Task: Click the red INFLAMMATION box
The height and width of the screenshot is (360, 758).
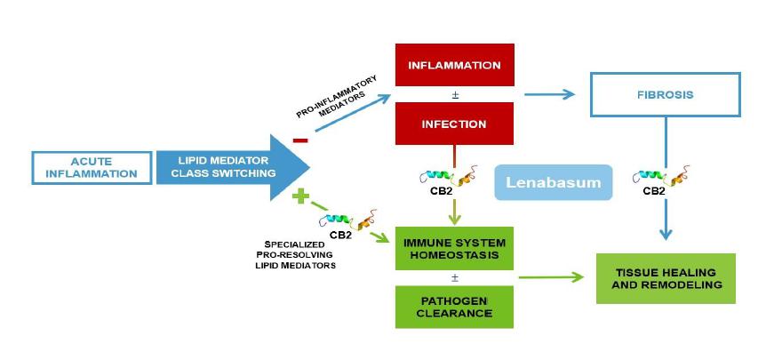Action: [454, 67]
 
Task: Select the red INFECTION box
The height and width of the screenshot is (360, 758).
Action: [454, 124]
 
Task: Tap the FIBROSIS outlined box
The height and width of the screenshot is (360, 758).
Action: [664, 92]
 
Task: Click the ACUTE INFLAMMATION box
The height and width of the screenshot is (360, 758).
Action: [92, 167]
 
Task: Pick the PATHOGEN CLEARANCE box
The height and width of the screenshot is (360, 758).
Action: [454, 307]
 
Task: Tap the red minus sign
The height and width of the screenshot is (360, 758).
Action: [299, 140]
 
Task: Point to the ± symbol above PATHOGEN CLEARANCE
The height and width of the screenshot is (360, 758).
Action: [454, 276]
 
